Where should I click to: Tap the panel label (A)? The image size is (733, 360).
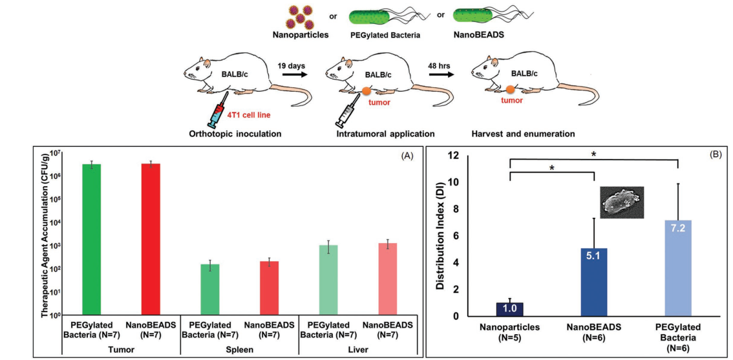(407, 156)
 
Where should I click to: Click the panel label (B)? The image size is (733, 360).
(715, 156)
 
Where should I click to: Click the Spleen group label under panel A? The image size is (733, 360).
(239, 349)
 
